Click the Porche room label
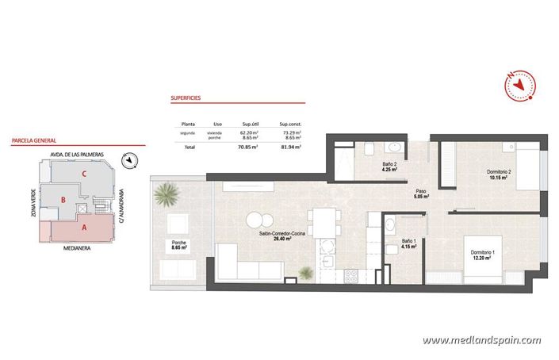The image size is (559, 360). [x=172, y=243]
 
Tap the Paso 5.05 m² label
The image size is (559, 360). [x=421, y=194]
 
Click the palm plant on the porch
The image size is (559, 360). [x=167, y=193]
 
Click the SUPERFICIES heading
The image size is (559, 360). [x=186, y=99]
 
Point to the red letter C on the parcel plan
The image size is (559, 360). [x=82, y=173]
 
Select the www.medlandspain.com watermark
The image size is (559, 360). [x=481, y=340]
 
